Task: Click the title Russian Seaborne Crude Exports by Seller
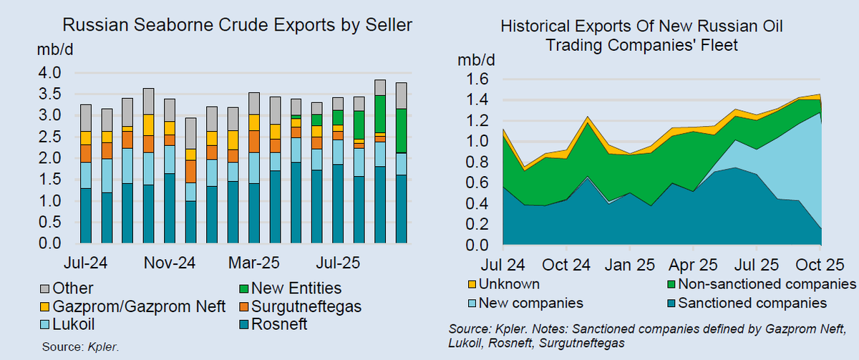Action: coord(238,26)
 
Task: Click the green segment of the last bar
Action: coord(401,130)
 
